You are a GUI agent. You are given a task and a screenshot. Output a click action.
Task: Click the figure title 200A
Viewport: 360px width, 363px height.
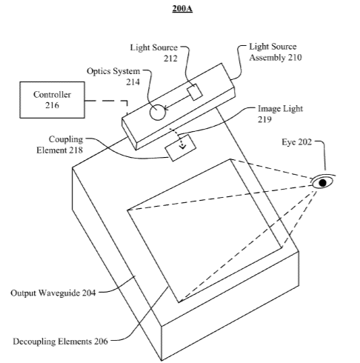(x=182, y=8)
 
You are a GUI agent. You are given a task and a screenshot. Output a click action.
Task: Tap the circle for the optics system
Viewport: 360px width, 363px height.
(x=157, y=113)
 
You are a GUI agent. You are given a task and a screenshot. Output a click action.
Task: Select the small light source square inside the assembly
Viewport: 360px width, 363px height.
(x=195, y=92)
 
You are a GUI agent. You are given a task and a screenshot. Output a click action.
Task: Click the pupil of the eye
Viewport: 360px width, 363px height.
(x=322, y=183)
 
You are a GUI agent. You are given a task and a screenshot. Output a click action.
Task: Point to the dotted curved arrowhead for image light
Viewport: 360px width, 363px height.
(x=183, y=147)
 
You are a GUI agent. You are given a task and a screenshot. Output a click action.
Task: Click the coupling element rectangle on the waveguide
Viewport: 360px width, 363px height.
(x=181, y=148)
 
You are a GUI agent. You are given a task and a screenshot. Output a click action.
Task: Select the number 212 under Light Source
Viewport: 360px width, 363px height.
(x=170, y=59)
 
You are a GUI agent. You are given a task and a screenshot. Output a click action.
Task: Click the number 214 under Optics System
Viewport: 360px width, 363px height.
(x=133, y=82)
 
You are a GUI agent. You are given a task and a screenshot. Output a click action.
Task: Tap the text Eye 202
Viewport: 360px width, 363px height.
(x=296, y=142)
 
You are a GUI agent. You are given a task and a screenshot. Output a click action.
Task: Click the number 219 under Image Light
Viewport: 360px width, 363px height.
(x=264, y=119)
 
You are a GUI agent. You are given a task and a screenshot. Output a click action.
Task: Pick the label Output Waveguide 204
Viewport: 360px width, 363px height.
(x=53, y=293)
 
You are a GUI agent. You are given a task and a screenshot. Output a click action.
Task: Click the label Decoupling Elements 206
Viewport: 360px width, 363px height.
(x=61, y=342)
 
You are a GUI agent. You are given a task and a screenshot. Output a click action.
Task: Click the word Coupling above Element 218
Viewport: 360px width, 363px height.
(x=66, y=139)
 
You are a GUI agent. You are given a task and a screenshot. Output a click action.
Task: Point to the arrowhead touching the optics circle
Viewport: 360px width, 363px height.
(x=166, y=108)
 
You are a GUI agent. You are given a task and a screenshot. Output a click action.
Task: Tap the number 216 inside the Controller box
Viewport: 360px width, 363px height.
(x=52, y=105)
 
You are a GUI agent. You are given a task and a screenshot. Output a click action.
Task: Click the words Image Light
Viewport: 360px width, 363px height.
(x=280, y=109)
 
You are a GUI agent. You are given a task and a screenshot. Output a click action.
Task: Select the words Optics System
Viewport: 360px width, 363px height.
(x=113, y=71)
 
